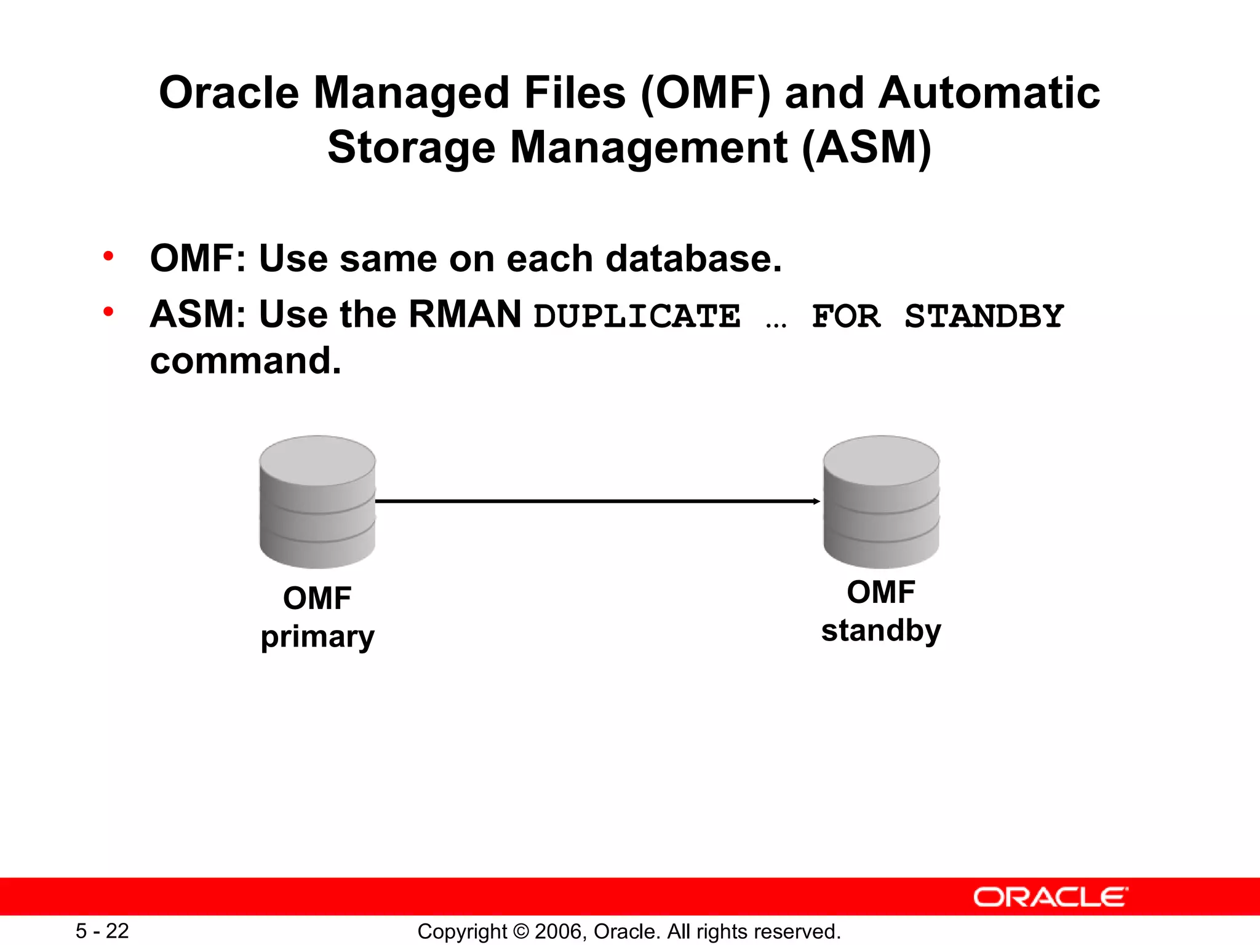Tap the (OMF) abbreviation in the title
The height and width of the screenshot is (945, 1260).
[705, 94]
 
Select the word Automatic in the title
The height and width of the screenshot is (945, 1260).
[989, 94]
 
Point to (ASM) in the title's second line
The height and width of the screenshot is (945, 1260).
[866, 148]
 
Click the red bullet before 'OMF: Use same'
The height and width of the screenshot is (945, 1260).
[109, 256]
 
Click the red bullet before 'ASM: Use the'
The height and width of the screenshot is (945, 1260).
[109, 312]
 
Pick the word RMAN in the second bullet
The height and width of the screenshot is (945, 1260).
[465, 314]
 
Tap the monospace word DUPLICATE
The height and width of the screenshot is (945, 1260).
[637, 316]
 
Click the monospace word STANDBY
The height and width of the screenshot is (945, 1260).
[984, 316]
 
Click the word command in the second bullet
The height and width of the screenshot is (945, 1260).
[245, 361]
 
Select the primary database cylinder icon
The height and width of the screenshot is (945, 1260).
[317, 501]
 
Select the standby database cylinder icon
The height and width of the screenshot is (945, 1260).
[881, 501]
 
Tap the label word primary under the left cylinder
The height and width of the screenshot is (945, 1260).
[317, 637]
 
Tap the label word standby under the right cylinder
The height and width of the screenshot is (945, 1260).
[881, 631]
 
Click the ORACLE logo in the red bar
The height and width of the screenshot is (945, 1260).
[1050, 897]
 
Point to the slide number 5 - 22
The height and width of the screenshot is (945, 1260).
[102, 931]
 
